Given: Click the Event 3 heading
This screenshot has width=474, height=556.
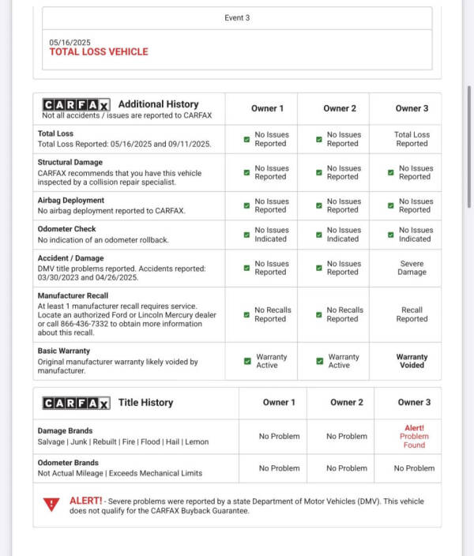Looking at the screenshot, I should (x=237, y=17).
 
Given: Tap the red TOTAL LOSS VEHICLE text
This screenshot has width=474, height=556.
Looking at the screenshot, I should (x=99, y=52).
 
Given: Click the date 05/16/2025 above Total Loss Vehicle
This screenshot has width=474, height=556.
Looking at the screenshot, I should (x=70, y=42).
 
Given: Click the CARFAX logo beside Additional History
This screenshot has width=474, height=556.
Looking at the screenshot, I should (x=77, y=104).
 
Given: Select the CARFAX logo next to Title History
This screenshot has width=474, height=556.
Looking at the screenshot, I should (x=77, y=403).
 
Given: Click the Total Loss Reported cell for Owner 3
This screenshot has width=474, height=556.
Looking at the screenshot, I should (x=412, y=139).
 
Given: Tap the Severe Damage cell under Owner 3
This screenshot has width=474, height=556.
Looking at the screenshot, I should (x=412, y=268).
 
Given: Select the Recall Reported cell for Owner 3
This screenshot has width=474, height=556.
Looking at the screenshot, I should (x=412, y=314).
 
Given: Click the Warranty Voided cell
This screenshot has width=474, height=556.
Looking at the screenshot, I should (x=412, y=361).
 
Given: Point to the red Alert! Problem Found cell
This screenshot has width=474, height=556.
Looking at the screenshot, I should (x=413, y=436).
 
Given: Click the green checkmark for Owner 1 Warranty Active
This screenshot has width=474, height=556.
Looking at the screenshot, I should (x=247, y=361).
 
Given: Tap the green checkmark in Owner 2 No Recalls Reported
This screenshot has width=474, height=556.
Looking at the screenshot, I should (x=319, y=314).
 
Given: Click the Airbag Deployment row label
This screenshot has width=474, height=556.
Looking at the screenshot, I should (x=71, y=201).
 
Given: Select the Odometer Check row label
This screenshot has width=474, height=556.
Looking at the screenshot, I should (x=67, y=230).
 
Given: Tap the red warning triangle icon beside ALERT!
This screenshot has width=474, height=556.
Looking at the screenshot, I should (x=51, y=504).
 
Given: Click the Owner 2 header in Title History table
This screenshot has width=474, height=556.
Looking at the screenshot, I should (x=347, y=402).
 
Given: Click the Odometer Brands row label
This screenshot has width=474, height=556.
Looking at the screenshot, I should (x=68, y=463).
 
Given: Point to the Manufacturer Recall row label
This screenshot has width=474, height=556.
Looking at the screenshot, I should (x=74, y=295).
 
